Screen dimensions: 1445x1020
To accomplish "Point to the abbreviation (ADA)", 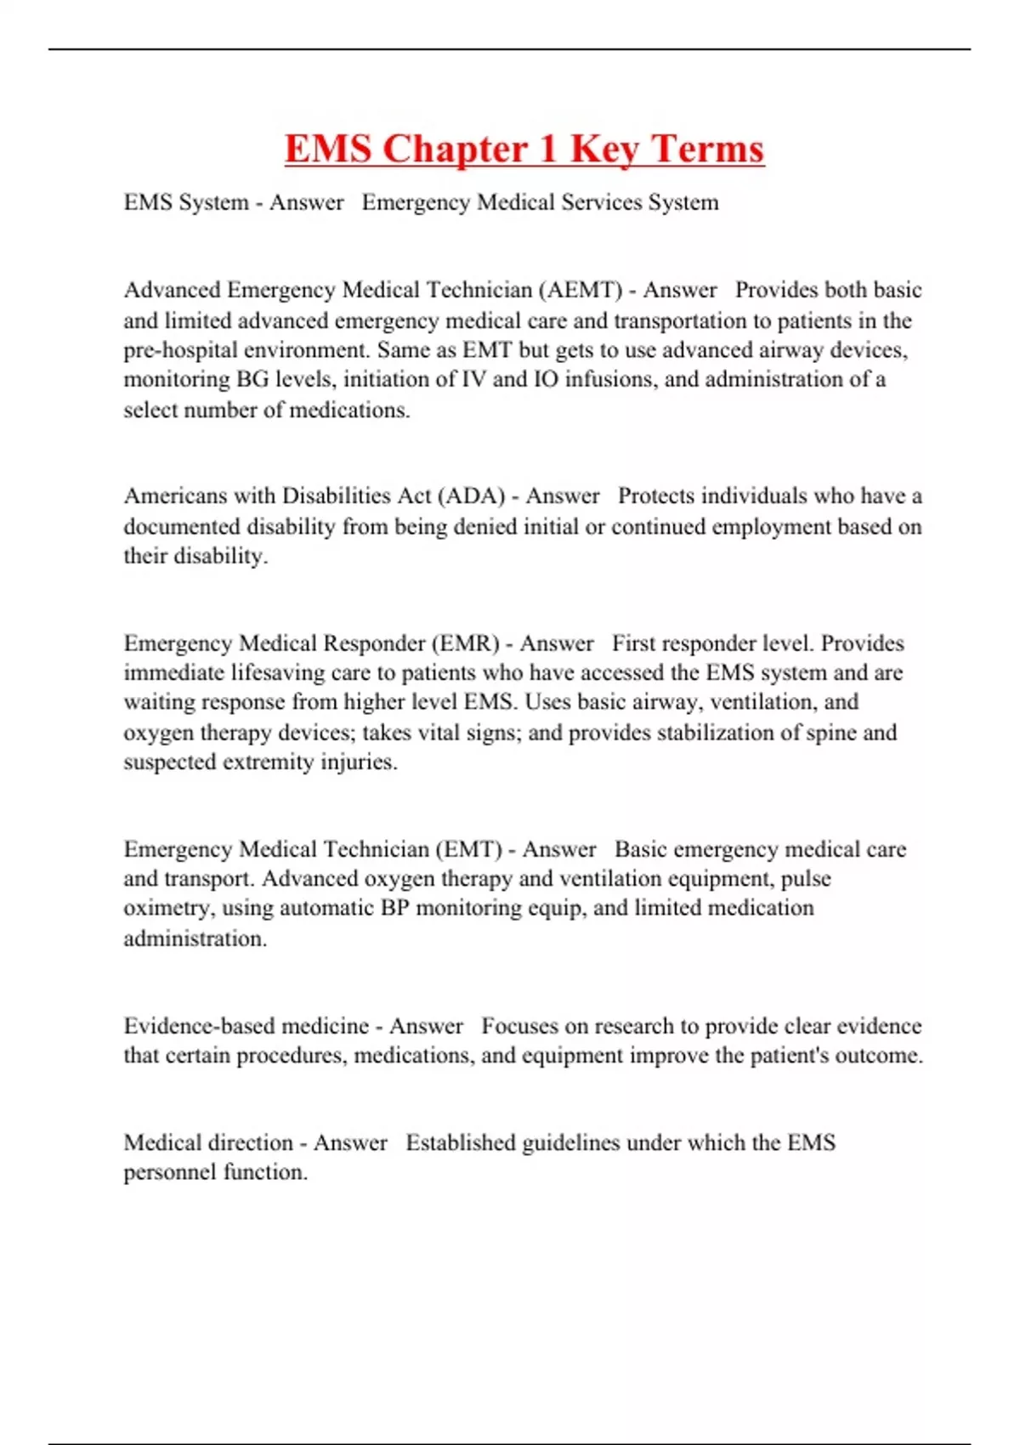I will (470, 496).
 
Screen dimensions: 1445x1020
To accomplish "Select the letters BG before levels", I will (252, 379).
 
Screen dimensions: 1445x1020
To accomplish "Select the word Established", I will (460, 1142).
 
